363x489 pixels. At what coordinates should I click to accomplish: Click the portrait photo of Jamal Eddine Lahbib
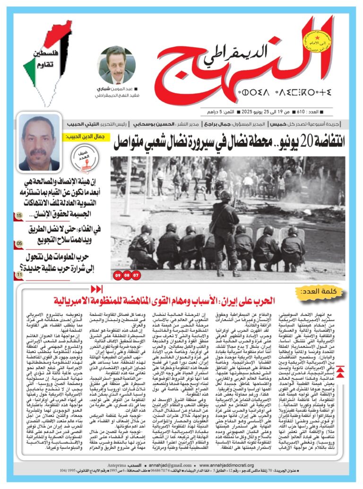click(x=39, y=143)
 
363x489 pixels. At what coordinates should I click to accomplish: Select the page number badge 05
click(x=19, y=244)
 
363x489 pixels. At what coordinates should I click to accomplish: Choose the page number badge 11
click(x=19, y=274)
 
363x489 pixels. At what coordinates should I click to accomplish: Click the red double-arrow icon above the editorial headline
click(x=96, y=289)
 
